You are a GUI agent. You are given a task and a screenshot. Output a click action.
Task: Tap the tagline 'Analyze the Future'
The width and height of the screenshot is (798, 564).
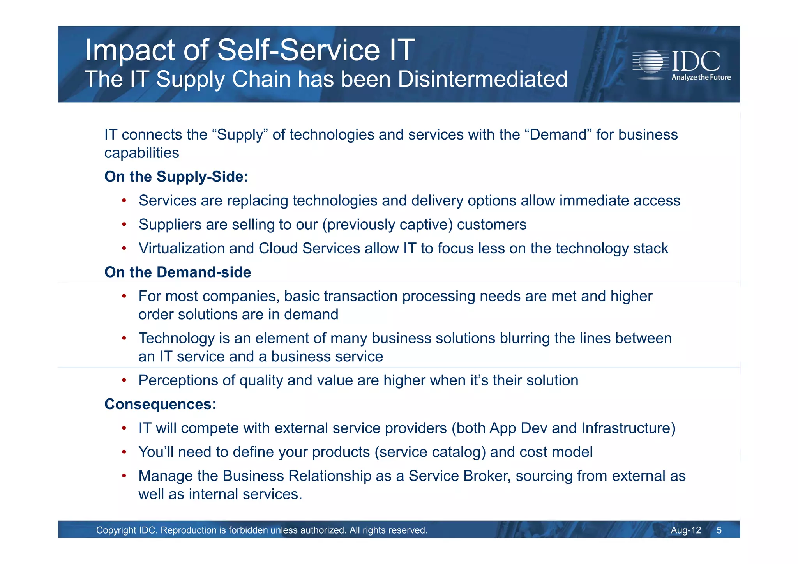[701, 77]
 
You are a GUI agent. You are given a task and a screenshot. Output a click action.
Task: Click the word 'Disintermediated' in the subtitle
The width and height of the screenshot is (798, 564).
[482, 79]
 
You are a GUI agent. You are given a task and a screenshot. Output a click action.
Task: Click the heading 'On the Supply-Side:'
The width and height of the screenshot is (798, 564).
[176, 177]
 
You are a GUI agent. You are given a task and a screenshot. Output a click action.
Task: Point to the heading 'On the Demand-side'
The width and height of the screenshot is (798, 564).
[178, 272]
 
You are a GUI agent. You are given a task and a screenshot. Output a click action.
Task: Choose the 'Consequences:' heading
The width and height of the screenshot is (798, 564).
[160, 404]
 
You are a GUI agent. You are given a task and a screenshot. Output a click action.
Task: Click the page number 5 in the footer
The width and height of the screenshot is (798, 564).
[719, 530]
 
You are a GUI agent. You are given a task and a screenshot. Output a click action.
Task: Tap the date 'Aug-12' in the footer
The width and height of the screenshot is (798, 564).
[686, 530]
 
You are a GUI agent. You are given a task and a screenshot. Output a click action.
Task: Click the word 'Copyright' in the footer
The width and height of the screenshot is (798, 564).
[116, 530]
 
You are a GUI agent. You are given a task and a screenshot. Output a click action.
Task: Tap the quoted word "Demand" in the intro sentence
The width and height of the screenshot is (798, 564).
[558, 134]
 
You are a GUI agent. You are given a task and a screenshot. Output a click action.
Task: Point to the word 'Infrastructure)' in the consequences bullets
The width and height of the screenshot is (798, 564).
[628, 428]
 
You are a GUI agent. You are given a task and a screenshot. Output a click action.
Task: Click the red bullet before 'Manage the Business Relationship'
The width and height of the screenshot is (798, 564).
[124, 476]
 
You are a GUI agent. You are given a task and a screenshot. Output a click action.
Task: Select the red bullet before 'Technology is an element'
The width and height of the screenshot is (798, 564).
[124, 338]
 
